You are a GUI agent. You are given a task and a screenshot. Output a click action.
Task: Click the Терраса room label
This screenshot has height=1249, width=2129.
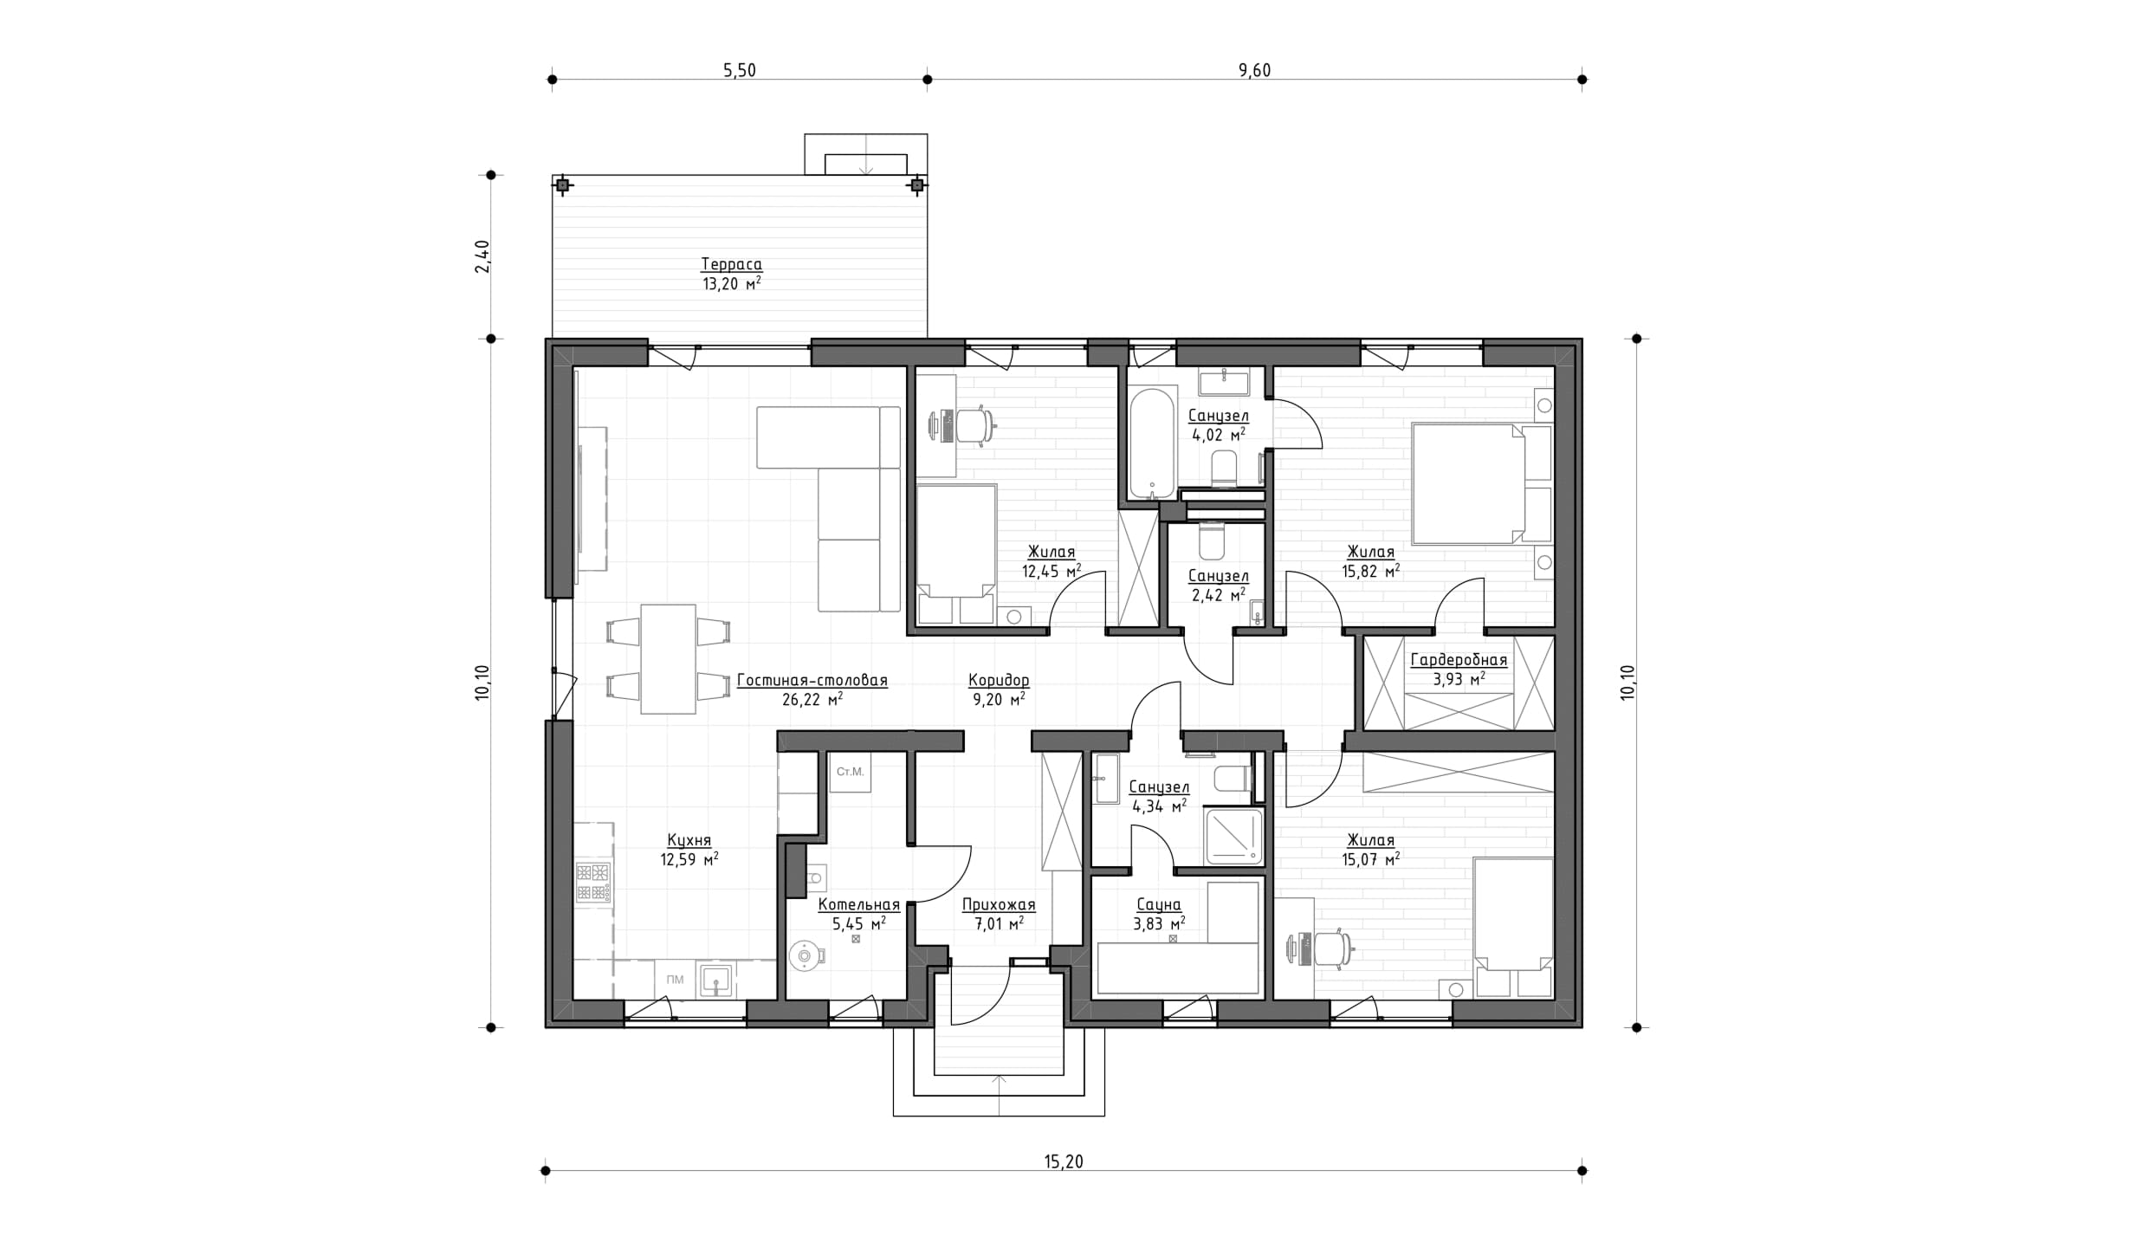(731, 264)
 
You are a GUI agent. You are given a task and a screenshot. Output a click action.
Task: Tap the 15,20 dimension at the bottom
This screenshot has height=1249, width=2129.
(1064, 1162)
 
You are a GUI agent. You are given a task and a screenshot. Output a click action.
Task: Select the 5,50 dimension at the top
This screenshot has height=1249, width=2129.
(740, 71)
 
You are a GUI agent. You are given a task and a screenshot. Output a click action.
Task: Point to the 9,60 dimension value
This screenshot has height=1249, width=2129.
(1254, 71)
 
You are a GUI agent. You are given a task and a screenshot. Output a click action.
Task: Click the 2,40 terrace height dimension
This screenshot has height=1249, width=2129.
(482, 256)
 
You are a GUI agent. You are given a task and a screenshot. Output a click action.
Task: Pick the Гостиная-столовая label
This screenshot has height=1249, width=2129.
(812, 681)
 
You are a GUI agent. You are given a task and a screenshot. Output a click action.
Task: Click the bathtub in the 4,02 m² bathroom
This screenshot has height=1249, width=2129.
(1153, 442)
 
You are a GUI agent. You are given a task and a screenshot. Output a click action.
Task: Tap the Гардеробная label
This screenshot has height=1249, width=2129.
(1459, 660)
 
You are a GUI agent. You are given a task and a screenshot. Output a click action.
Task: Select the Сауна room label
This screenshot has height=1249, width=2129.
(1158, 905)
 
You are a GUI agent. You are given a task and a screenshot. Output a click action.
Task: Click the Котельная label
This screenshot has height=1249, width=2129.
(859, 905)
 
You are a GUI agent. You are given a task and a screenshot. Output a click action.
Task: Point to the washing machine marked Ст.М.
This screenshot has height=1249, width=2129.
(850, 772)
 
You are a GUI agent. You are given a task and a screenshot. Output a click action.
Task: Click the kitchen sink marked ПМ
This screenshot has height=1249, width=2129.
(716, 980)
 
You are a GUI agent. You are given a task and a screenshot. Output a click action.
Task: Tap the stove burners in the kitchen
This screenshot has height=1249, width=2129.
(594, 883)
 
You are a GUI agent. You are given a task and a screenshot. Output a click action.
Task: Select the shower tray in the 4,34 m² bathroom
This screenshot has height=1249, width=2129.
(1233, 836)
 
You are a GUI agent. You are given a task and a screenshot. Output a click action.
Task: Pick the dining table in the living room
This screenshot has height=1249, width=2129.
(668, 659)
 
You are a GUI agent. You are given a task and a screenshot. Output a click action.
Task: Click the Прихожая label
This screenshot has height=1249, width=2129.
(999, 905)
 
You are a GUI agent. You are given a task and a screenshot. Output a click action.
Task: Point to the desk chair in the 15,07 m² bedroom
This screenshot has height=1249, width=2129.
(1332, 948)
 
